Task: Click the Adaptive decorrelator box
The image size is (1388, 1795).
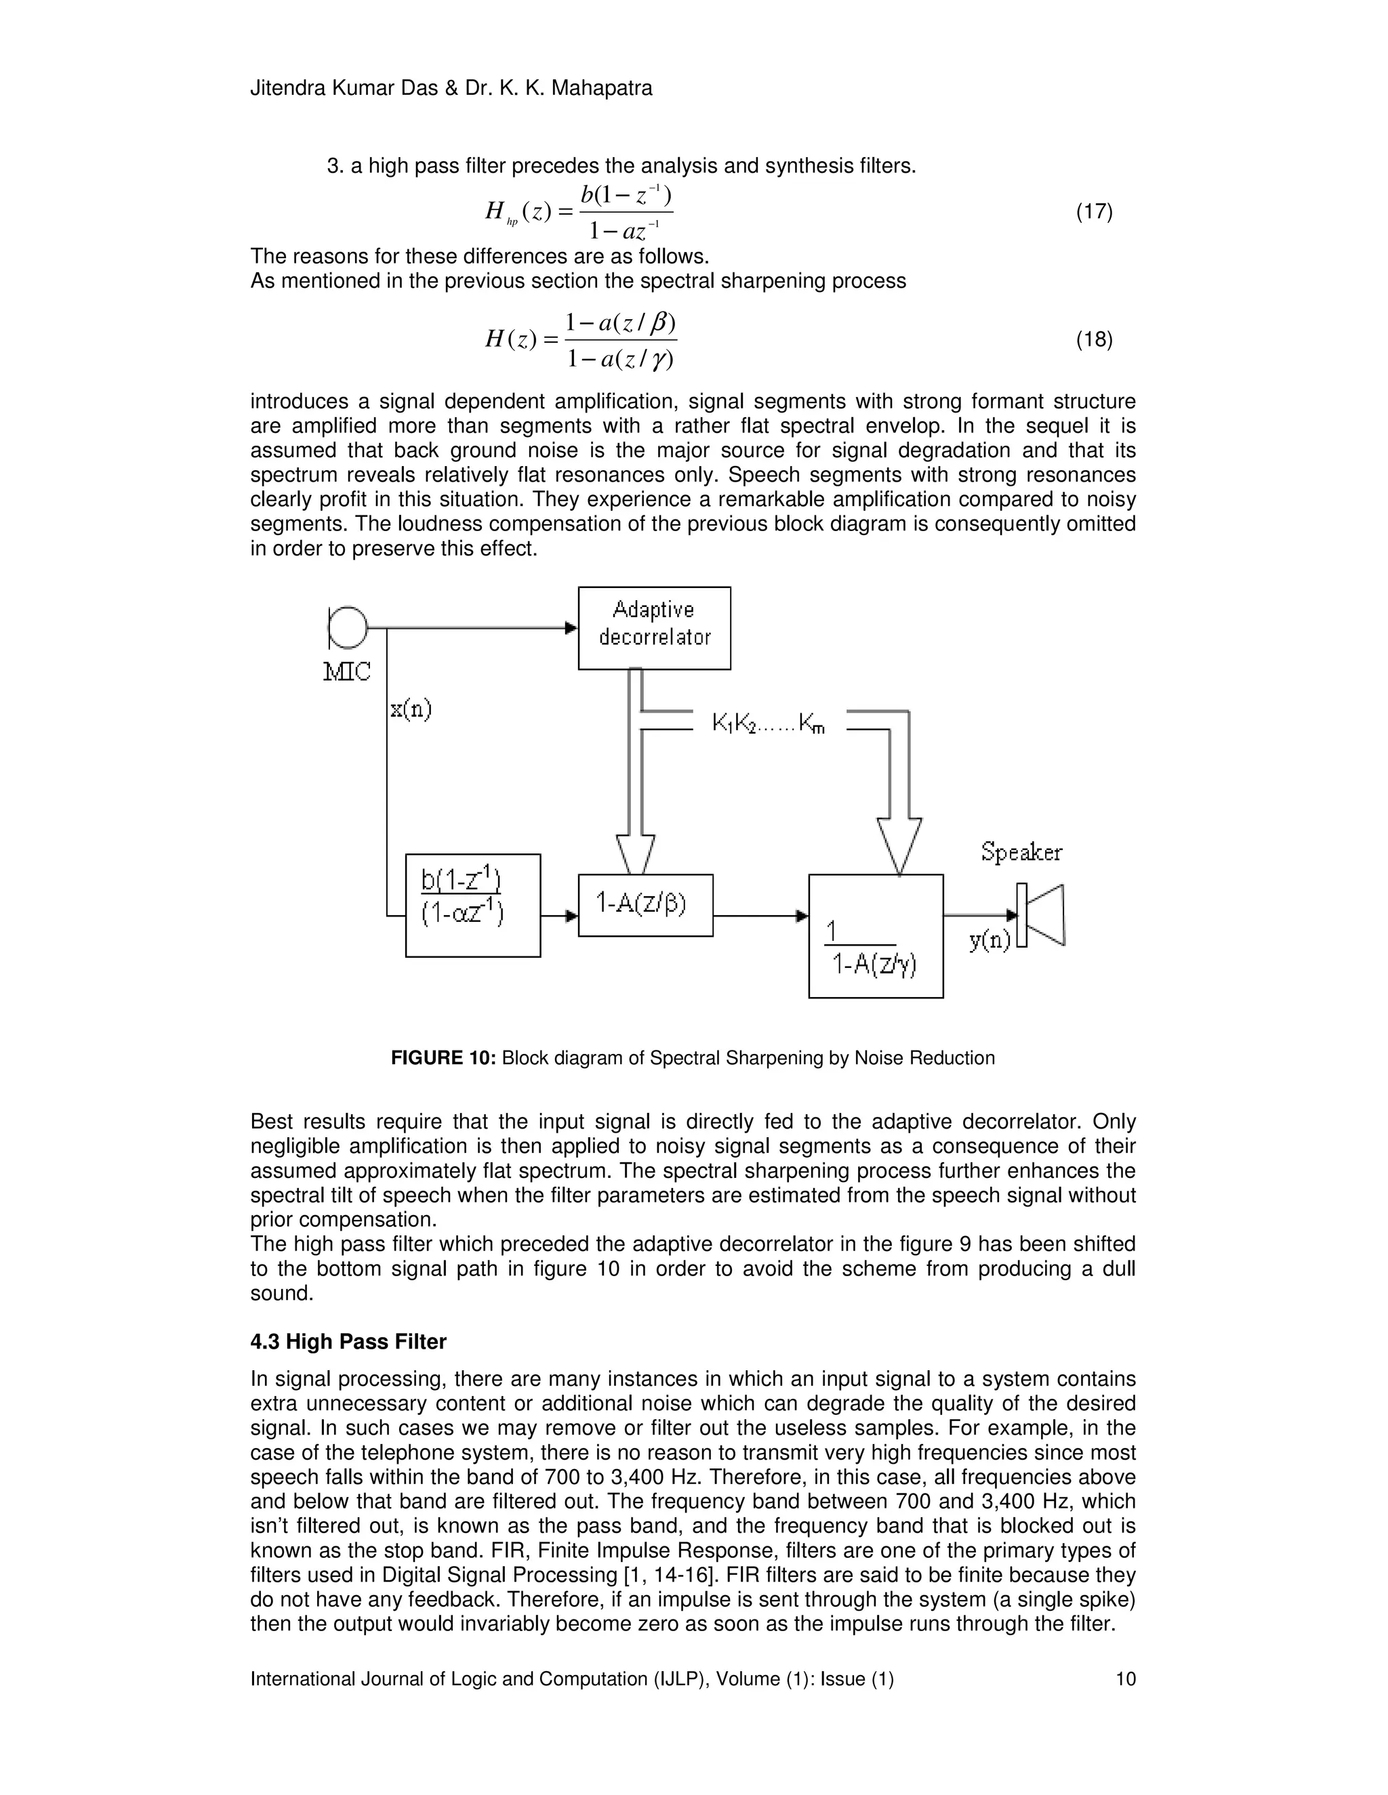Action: click(x=654, y=628)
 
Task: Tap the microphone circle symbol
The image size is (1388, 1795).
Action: click(x=348, y=628)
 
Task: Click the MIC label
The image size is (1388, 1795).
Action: click(x=346, y=673)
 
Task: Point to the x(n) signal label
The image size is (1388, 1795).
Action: click(x=410, y=709)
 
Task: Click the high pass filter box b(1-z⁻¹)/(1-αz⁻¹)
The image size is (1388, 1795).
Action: click(x=473, y=905)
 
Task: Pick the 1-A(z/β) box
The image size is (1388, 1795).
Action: click(x=645, y=905)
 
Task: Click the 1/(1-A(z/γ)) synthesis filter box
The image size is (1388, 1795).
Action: click(x=876, y=936)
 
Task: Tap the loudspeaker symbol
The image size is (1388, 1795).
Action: click(x=1042, y=914)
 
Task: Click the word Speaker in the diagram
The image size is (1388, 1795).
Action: click(x=1021, y=852)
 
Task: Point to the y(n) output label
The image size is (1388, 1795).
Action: click(x=990, y=941)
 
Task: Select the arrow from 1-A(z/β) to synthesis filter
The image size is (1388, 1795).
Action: click(x=760, y=914)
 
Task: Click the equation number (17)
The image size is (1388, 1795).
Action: click(x=1095, y=212)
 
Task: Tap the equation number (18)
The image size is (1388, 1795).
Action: click(x=1095, y=339)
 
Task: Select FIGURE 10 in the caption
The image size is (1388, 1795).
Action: click(x=443, y=1058)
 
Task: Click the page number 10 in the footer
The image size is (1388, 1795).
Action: click(x=1125, y=1678)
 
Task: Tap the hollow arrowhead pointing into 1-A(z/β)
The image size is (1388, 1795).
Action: click(x=635, y=855)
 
